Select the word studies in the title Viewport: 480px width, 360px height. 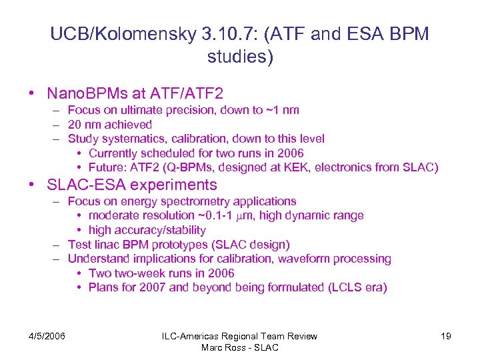[x=236, y=57]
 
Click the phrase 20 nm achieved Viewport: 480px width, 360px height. [x=110, y=125]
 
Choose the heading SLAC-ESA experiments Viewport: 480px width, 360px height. [x=132, y=185]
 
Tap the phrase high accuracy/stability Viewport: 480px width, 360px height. [x=147, y=230]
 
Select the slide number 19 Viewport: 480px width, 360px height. [x=445, y=336]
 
